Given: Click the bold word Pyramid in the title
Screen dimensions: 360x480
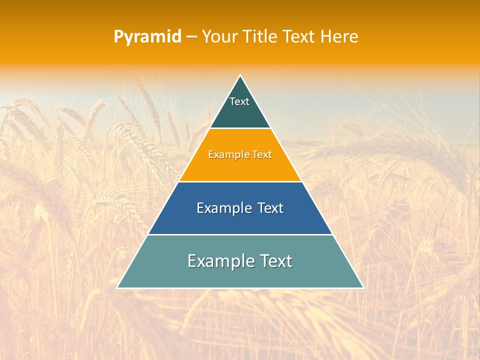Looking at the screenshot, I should pos(147,37).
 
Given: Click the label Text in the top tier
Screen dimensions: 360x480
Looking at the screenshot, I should pos(239,101).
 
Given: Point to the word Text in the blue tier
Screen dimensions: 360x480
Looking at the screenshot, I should pos(271,208).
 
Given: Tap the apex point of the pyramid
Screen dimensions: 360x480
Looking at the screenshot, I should pos(240,76).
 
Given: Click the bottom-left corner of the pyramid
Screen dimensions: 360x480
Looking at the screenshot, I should pos(118,287).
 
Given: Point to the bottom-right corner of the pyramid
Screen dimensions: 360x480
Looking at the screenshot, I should pos(362,287).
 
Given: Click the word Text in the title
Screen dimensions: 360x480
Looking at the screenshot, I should pos(299,37).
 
